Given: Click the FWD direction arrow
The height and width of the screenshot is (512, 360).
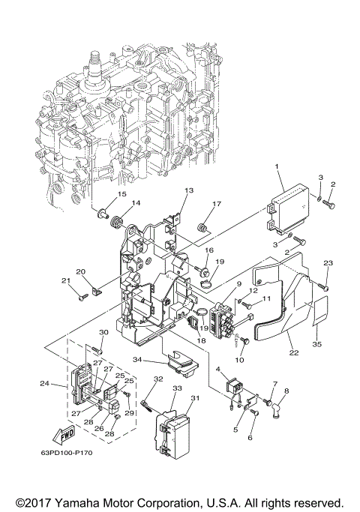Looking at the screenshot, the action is tap(64, 435).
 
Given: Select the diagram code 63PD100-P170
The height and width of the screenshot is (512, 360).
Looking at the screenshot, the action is tap(67, 453).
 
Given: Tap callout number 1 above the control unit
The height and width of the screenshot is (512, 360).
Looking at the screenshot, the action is tap(277, 166).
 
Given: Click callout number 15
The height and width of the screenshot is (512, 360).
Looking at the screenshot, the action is tap(121, 194).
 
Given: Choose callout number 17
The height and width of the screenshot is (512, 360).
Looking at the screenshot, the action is tap(217, 204).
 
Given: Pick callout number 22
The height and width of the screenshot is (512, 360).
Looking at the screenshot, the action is tap(294, 352).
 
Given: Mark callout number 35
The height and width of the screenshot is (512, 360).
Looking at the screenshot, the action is tap(317, 344).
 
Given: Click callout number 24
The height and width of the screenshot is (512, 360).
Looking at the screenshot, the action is tap(45, 383).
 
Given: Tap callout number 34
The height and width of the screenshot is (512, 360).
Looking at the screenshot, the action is tap(137, 360).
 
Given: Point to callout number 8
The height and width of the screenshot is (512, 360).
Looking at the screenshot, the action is tap(286, 391).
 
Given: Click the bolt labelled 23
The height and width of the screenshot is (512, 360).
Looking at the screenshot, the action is tap(324, 287).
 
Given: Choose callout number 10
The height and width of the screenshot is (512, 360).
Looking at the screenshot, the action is tap(239, 360).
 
